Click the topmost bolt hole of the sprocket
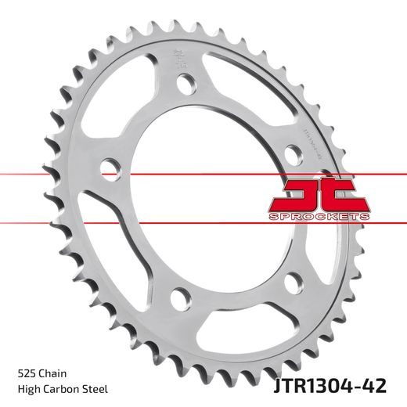point(185,84)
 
